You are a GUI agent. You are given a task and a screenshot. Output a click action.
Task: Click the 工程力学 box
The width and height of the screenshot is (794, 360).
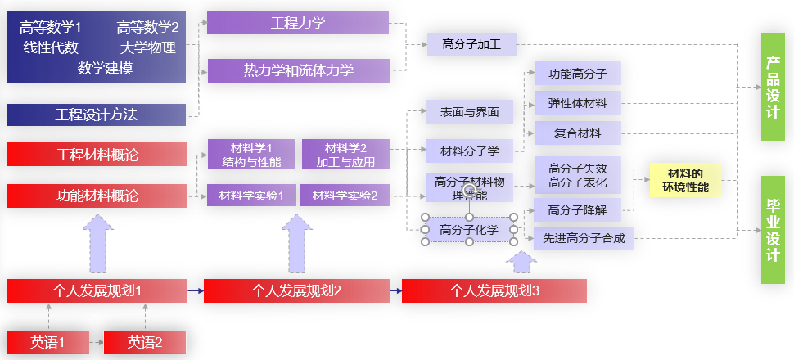298,23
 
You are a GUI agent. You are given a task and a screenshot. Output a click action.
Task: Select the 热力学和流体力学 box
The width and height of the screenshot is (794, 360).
298,70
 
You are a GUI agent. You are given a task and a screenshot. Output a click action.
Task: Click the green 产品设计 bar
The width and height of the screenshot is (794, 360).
773,86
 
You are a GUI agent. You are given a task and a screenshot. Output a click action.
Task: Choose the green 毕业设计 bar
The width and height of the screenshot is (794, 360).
773,230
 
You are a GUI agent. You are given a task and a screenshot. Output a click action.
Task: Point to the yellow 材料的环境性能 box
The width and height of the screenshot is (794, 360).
684,181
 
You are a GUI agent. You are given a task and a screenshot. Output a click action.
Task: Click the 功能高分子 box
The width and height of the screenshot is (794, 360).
577,74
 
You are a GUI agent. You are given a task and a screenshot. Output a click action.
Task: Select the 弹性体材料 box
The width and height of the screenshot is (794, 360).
577,103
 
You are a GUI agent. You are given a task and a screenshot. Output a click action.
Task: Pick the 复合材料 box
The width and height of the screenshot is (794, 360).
577,133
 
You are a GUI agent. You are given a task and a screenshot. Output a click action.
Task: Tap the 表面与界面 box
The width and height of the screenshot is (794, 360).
470,112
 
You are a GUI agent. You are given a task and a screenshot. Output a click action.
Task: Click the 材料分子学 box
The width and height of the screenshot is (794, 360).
470,151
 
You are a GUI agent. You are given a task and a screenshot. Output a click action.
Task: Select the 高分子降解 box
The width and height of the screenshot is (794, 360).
577,209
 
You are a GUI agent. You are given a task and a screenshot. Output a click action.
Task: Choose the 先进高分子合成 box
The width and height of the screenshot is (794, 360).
584,238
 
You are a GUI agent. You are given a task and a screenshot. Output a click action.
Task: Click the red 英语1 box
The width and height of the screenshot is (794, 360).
47,342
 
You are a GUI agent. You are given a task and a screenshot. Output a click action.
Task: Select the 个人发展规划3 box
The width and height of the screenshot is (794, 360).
494,290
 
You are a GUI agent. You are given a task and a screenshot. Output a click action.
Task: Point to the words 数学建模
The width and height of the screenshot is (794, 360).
105,68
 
